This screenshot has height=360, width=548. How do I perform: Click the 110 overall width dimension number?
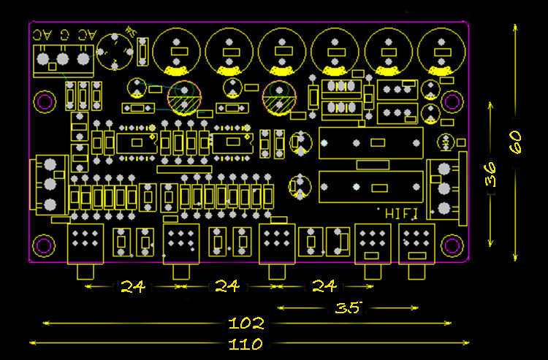click(x=246, y=344)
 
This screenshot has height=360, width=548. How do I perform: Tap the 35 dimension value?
click(x=349, y=308)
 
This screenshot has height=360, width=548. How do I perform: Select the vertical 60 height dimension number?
click(x=516, y=142)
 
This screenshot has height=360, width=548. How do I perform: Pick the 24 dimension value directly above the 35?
click(x=324, y=286)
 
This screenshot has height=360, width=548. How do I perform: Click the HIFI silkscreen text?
click(x=401, y=214)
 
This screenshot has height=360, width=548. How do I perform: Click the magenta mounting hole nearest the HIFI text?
click(x=452, y=245)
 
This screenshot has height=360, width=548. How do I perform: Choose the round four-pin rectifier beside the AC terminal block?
click(x=116, y=51)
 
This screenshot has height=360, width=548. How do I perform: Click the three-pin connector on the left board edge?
click(x=50, y=183)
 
